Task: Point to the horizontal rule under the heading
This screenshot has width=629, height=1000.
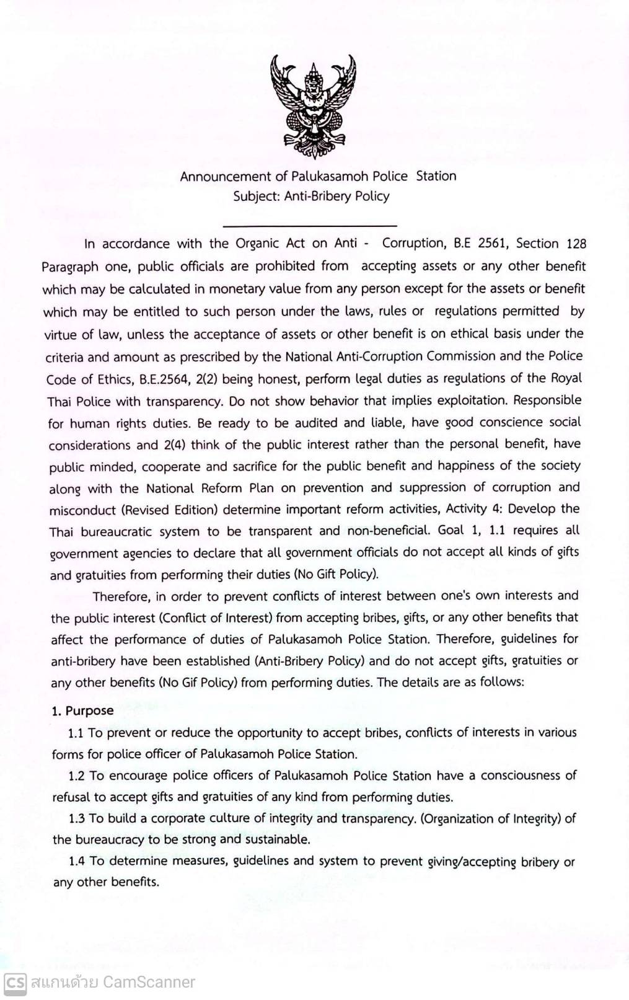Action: tap(309, 226)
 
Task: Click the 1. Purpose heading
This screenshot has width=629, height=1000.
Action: tap(83, 711)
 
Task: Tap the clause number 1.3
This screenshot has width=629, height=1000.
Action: tap(77, 818)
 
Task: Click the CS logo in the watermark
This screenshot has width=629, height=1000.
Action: tap(15, 982)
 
